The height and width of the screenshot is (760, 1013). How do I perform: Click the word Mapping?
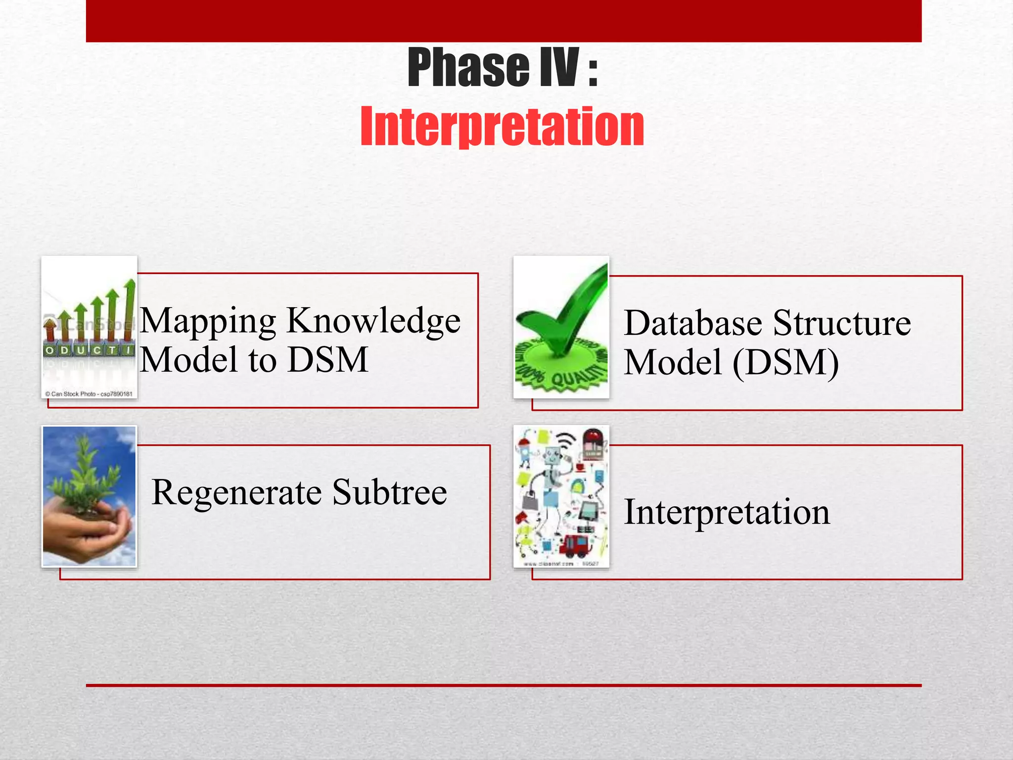click(208, 322)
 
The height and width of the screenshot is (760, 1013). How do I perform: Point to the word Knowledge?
click(373, 322)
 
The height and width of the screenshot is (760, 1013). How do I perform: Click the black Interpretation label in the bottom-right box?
click(727, 512)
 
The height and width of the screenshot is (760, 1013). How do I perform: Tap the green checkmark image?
click(564, 317)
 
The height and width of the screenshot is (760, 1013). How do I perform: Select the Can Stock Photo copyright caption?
click(89, 394)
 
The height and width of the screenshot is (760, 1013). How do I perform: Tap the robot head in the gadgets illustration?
click(553, 455)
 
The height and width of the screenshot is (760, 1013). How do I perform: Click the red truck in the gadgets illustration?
click(574, 544)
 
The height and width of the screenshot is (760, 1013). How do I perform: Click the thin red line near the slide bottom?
click(504, 685)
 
